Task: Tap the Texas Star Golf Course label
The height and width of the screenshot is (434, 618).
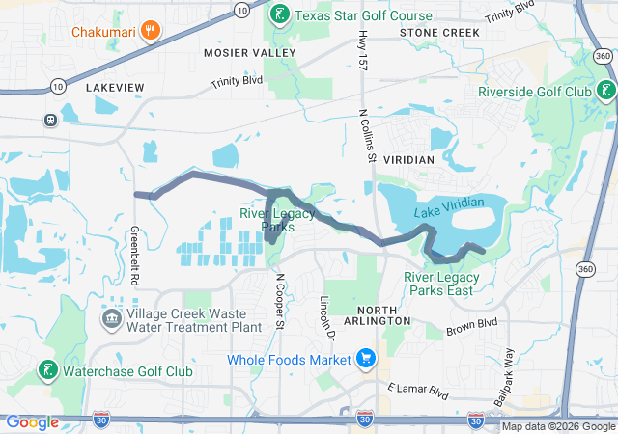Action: tap(363, 15)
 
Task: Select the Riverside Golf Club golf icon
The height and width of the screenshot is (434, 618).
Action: tap(605, 92)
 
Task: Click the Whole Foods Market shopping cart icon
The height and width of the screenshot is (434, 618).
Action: tap(366, 361)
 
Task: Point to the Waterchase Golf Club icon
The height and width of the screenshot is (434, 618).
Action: tap(45, 371)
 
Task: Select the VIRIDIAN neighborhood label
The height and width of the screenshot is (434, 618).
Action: tap(410, 157)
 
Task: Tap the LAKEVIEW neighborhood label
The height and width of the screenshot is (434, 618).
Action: tap(115, 88)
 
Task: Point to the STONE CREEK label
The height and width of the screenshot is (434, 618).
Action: tap(439, 33)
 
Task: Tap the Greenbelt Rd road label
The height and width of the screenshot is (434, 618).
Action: tap(133, 255)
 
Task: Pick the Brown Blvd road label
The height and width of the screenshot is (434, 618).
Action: tap(471, 327)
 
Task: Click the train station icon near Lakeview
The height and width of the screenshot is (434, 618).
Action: tap(49, 121)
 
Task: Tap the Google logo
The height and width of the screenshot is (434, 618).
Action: tap(32, 422)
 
